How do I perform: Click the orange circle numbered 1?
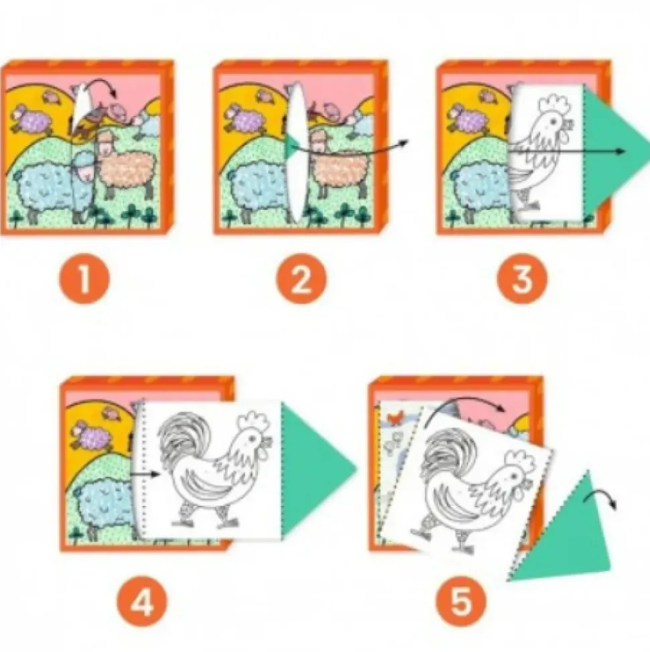[84, 278]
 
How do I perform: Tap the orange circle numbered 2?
[302, 278]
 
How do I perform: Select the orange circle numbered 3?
[522, 278]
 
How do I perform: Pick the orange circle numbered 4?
[141, 601]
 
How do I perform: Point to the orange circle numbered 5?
[461, 601]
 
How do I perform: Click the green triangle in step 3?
[610, 152]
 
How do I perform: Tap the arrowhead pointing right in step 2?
[403, 143]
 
